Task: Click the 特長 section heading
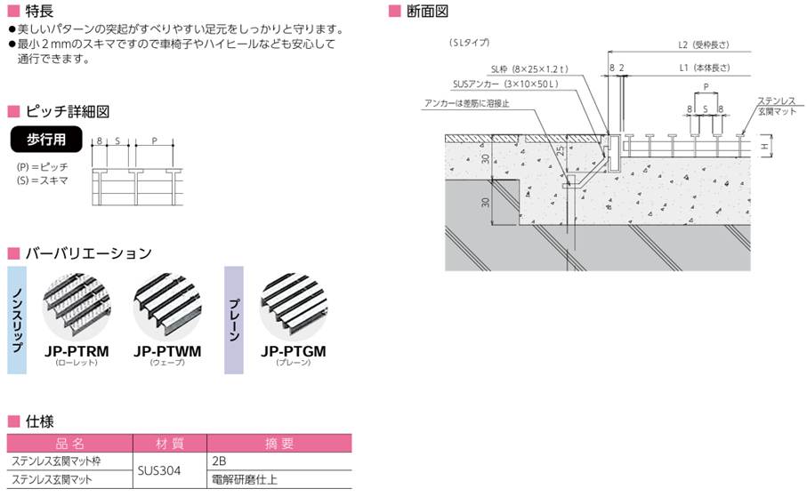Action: click(38, 12)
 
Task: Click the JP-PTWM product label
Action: click(166, 351)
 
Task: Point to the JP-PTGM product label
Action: click(294, 351)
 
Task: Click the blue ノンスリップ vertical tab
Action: click(19, 320)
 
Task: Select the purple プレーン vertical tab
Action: click(233, 320)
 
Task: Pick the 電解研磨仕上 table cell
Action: click(243, 479)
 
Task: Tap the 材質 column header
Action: click(168, 443)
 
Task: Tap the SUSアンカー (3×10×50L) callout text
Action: click(504, 84)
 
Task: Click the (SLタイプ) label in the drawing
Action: click(469, 42)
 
